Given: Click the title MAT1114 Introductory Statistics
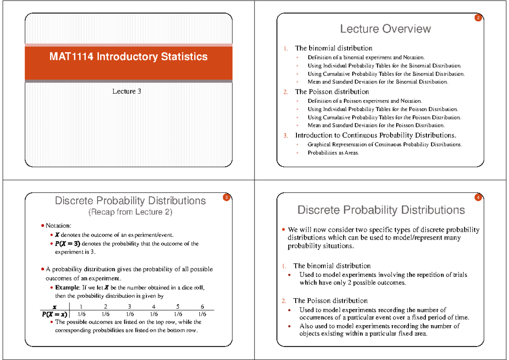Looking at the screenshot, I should click(129, 56).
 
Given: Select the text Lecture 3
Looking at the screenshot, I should click(126, 92).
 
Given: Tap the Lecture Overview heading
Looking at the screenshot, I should click(385, 29).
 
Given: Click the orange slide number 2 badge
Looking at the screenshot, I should click(478, 18).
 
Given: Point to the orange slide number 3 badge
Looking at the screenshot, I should click(227, 198).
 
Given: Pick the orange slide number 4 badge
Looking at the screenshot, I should click(478, 198).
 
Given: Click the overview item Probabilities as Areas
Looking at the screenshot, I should click(333, 153).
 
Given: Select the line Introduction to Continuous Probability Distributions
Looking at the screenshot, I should click(375, 135).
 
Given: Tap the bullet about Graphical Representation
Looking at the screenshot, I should click(385, 145).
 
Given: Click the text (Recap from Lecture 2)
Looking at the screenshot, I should click(130, 212).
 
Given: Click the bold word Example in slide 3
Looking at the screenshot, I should click(66, 287).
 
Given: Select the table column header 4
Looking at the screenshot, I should click(154, 306).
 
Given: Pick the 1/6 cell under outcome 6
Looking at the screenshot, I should click(202, 314).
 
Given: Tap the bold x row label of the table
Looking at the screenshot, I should click(54, 306).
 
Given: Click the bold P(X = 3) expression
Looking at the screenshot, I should click(67, 244).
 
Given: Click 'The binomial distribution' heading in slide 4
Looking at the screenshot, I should click(332, 266).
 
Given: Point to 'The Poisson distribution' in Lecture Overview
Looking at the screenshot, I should click(332, 92).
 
